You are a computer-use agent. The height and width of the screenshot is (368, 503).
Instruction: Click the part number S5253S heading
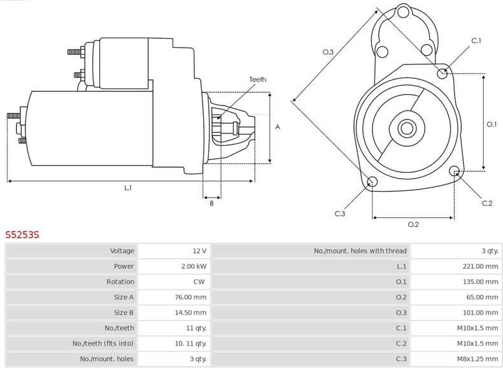pos(22,235)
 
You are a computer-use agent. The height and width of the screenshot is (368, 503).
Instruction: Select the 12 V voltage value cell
pos(199,251)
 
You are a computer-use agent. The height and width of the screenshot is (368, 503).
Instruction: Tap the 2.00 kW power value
pos(194,266)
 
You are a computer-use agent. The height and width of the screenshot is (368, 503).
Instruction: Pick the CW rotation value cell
pos(199,282)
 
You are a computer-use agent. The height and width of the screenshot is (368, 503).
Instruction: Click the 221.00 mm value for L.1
pos(480,266)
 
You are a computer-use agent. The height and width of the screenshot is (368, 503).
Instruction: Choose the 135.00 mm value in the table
pos(480,282)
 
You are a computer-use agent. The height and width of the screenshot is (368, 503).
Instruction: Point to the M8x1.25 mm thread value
pos(477,359)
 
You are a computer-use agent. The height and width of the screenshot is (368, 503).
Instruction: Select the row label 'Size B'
pos(124,313)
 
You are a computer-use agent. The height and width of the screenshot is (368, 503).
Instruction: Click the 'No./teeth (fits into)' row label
pos(103,344)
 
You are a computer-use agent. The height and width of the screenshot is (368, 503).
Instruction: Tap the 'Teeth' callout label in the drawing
pos(257,79)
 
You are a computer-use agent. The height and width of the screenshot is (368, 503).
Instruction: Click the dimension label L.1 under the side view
pos(128,188)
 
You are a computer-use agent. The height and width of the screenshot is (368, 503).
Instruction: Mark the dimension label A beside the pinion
pos(277,127)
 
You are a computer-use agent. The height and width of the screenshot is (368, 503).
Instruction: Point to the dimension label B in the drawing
pos(211,203)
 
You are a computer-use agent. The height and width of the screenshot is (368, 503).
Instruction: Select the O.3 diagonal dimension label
pos(328,51)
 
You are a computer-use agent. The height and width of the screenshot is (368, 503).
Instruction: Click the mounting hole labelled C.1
pos(443,73)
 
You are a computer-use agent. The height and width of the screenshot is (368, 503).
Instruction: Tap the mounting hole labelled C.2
pos(454,170)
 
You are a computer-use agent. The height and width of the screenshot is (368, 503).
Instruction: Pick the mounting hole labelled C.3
pos(372,182)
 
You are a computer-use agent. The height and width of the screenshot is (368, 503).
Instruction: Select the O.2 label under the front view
pos(413,224)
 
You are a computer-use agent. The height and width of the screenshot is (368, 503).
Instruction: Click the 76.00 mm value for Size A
pos(191,297)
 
